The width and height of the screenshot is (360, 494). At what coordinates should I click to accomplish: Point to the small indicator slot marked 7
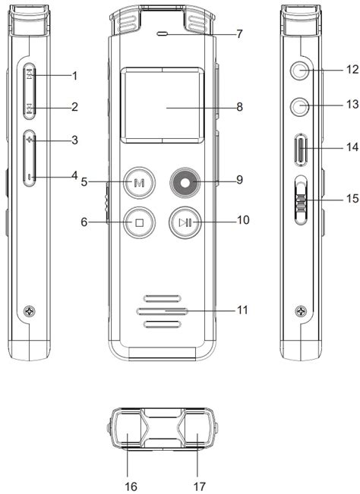pos(161,35)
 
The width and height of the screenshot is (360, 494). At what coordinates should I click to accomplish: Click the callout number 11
pos(242,310)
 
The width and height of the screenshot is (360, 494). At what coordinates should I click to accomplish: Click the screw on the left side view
pos(30,310)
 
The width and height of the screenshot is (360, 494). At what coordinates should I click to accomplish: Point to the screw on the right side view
pos(302,310)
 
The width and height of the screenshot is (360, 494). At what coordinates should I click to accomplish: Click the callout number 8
pos(239,107)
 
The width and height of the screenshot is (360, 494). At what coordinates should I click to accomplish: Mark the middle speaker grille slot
pos(161,310)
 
